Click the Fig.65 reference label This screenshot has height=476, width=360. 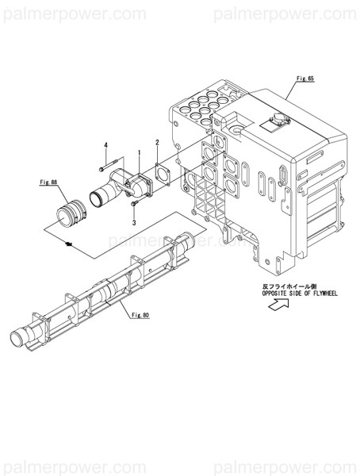pyautogui.click(x=305, y=79)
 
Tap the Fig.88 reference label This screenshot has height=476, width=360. pyautogui.click(x=49, y=182)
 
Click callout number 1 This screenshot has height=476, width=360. pyautogui.click(x=139, y=152)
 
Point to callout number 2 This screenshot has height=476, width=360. pyautogui.click(x=157, y=143)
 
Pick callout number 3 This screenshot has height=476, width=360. pyautogui.click(x=134, y=224)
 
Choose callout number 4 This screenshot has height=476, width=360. pyautogui.click(x=105, y=144)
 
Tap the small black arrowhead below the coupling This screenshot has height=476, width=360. pyautogui.click(x=71, y=243)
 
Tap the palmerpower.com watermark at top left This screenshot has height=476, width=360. pyautogui.click(x=72, y=13)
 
